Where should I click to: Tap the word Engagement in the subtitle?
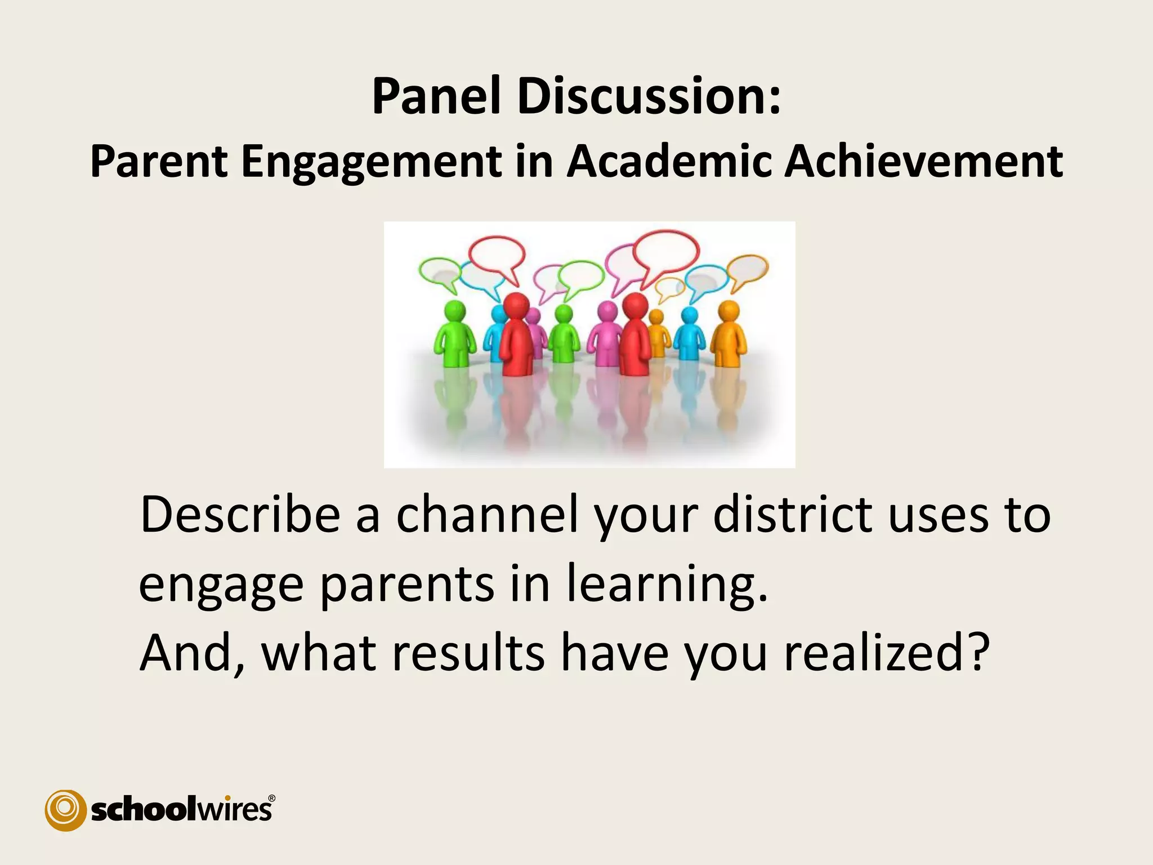[x=371, y=162]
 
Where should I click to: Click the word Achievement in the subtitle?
[x=923, y=162]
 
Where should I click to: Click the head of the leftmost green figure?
[x=455, y=311]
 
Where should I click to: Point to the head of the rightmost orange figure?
[x=729, y=311]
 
